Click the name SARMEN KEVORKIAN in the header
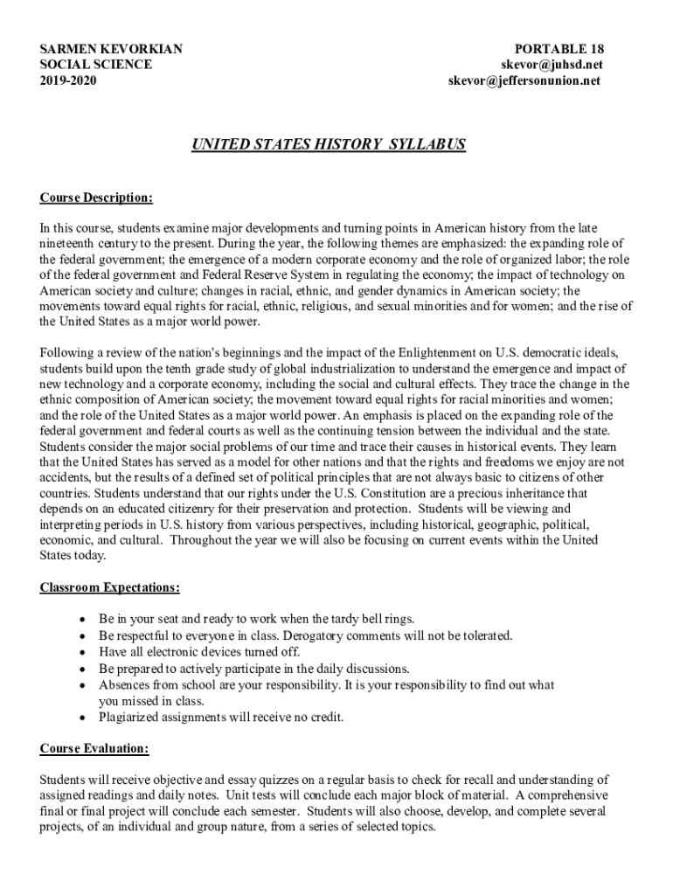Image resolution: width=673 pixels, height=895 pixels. click(x=111, y=48)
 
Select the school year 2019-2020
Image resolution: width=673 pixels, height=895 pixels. click(x=68, y=80)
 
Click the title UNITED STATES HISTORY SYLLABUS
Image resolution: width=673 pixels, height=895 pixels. click(x=329, y=144)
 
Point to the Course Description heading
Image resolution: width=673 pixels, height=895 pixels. click(x=96, y=198)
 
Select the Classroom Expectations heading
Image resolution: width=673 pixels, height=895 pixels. click(x=110, y=587)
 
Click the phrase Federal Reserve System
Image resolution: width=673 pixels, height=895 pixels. click(x=245, y=274)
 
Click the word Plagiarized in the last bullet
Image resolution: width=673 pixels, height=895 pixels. click(x=131, y=718)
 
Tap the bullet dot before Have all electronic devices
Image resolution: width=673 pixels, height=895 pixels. click(x=82, y=652)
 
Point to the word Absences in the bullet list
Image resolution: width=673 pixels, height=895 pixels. click(x=124, y=685)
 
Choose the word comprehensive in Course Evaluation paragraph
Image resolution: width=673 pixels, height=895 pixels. click(x=568, y=794)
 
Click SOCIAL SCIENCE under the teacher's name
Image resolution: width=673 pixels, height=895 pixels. click(x=95, y=65)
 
